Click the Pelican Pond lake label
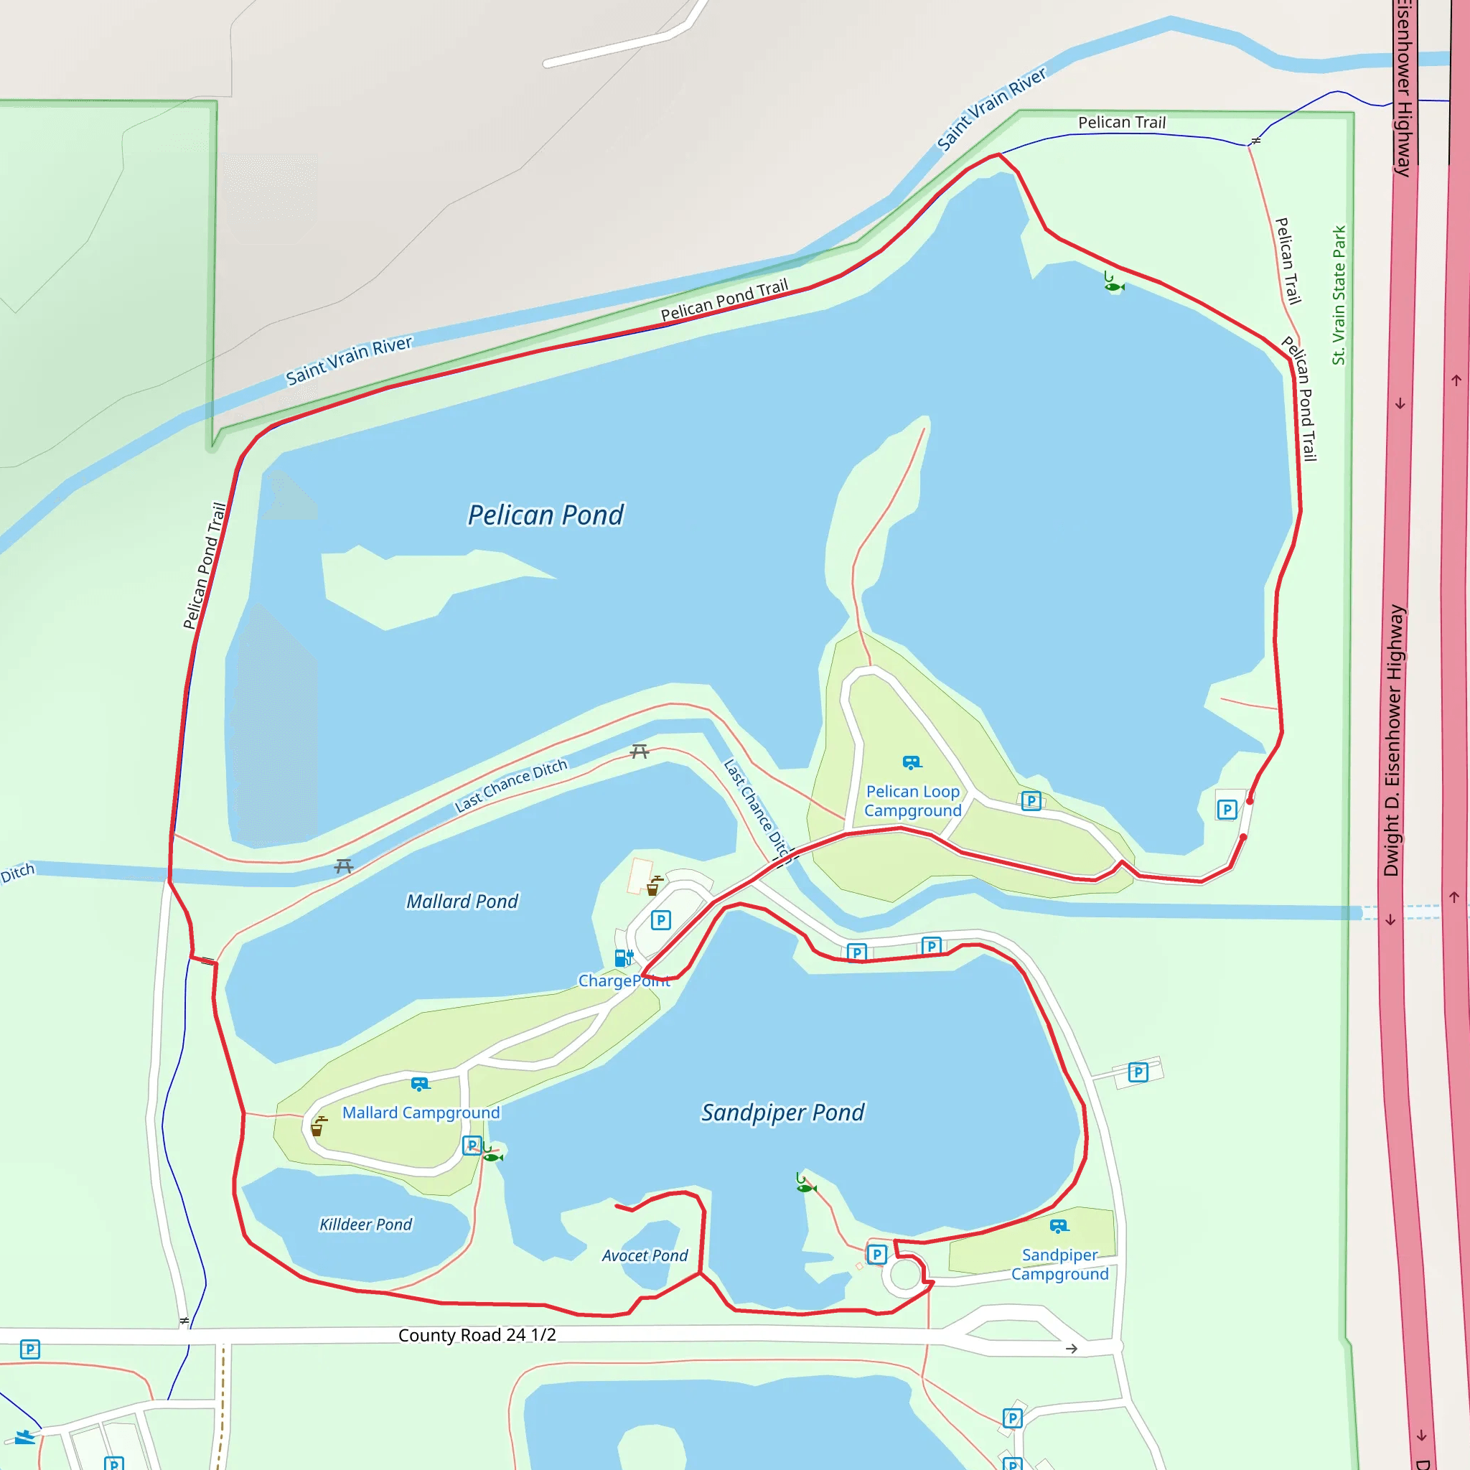tap(546, 515)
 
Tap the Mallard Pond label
tap(462, 902)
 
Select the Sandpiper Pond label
tap(782, 1113)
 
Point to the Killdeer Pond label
tap(365, 1225)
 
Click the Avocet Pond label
tap(645, 1255)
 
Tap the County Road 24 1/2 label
tap(477, 1335)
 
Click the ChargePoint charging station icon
tap(623, 958)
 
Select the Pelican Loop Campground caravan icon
tap(912, 762)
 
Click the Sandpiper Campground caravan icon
tap(1059, 1226)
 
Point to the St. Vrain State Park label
tap(1339, 295)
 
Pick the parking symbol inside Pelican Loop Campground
tap(1031, 800)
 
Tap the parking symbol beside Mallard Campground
tap(472, 1145)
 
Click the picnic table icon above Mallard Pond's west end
tap(344, 866)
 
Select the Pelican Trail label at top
tap(1122, 123)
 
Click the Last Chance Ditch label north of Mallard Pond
tap(510, 785)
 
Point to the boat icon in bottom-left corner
tap(25, 1437)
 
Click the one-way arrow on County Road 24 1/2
tap(1072, 1348)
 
